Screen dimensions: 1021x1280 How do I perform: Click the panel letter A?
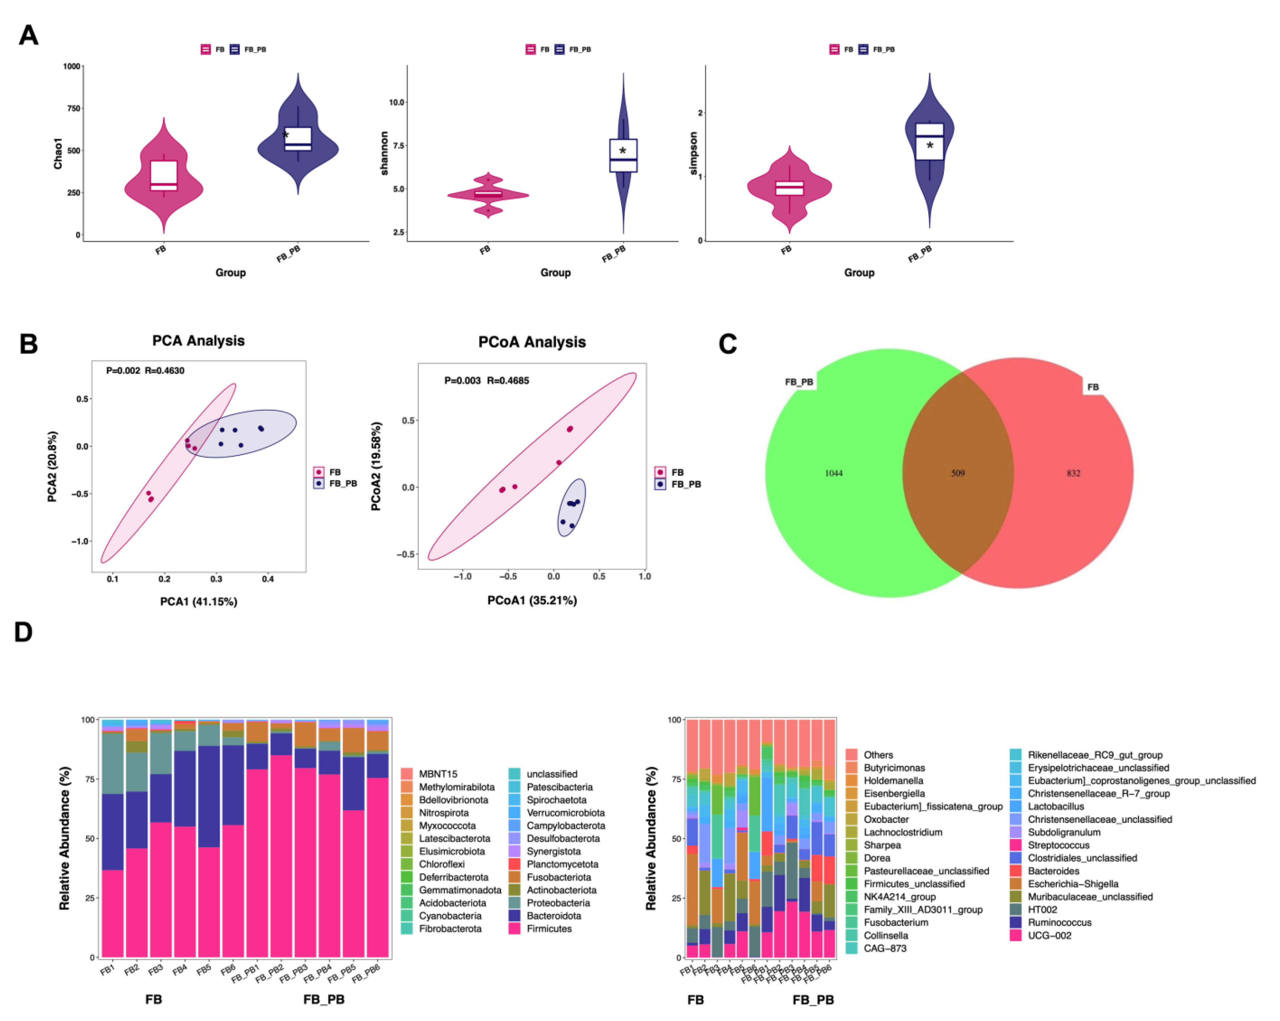(x=29, y=36)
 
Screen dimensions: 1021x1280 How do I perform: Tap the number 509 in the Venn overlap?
(x=958, y=473)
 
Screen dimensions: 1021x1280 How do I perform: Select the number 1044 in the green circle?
(x=834, y=473)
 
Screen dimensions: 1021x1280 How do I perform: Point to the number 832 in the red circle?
(x=1073, y=473)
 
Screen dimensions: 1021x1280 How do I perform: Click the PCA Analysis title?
(x=198, y=341)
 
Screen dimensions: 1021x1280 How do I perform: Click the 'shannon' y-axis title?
(x=384, y=153)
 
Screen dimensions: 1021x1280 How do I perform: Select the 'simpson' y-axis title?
(x=693, y=153)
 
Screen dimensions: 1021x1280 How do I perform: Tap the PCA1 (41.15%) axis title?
(x=198, y=601)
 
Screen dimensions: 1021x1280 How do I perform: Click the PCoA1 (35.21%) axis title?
(x=532, y=600)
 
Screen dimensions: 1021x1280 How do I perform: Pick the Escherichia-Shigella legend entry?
(x=1073, y=884)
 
